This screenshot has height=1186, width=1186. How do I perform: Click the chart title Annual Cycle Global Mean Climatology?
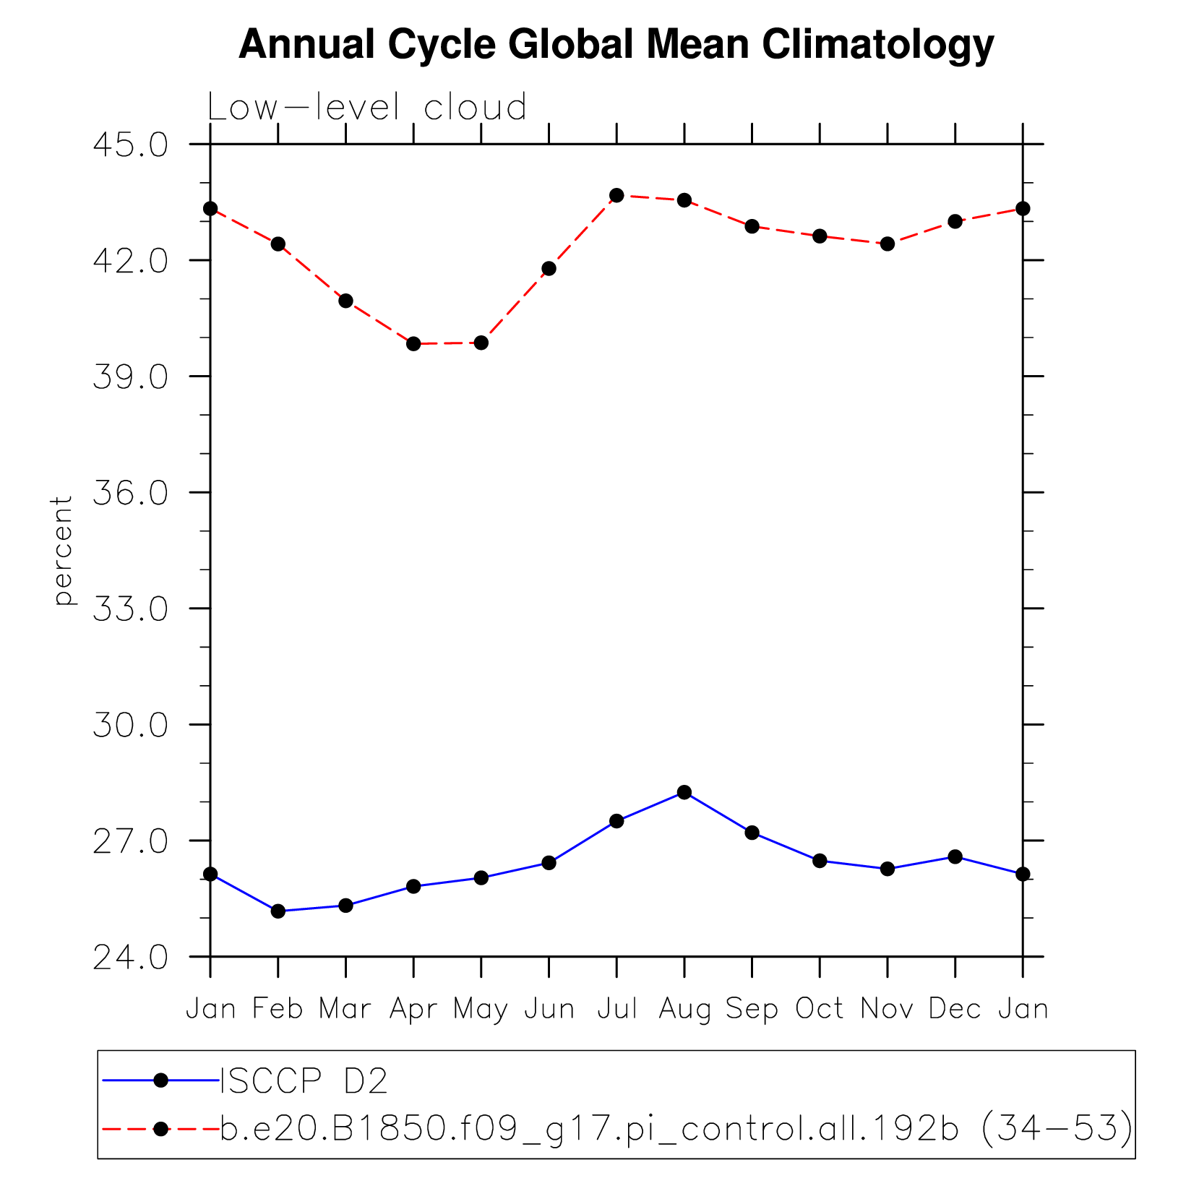[x=616, y=45]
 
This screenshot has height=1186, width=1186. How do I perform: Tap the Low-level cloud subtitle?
[x=367, y=108]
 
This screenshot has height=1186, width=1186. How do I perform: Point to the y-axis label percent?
[x=63, y=550]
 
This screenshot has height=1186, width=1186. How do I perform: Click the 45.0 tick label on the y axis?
[x=131, y=145]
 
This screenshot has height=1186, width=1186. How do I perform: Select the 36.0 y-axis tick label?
[x=131, y=493]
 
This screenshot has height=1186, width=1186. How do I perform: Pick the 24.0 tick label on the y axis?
[x=131, y=957]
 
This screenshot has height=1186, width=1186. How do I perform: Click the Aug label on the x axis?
[x=684, y=1008]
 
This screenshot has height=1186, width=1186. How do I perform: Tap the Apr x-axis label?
[x=413, y=1008]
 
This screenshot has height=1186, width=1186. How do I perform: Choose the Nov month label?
[x=888, y=1008]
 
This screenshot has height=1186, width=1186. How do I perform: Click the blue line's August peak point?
[x=684, y=792]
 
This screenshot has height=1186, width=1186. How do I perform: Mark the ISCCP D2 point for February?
[x=278, y=911]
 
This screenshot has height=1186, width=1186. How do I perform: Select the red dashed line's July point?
[x=616, y=195]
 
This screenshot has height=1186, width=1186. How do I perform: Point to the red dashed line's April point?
[x=413, y=343]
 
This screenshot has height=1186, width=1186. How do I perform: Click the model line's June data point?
[x=549, y=268]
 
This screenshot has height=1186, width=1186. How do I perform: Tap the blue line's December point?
[x=955, y=856]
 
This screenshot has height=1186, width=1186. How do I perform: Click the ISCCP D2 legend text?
[x=304, y=1081]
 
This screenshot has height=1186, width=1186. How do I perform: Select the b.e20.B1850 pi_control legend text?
[x=676, y=1128]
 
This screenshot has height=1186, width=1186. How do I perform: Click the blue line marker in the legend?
[x=161, y=1080]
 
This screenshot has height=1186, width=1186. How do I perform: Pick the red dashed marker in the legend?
[x=161, y=1128]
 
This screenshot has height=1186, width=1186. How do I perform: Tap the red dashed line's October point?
[x=820, y=236]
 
